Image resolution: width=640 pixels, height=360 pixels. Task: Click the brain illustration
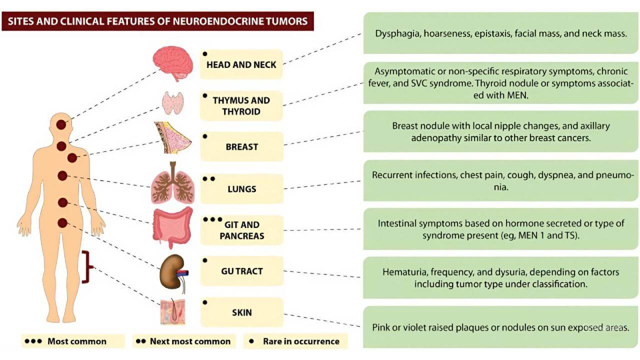[172, 63]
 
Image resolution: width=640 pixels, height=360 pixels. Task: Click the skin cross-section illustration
[172, 312]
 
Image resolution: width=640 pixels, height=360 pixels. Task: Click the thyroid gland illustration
[173, 102]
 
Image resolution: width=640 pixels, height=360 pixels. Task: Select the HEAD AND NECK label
[241, 64]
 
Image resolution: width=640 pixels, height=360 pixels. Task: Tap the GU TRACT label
[241, 271]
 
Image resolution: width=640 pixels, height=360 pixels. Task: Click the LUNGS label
[241, 189]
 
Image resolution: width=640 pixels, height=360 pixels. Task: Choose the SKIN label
[241, 312]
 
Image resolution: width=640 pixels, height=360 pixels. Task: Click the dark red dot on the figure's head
[61, 125]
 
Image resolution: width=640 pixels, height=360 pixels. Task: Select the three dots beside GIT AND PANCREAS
[212, 219]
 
